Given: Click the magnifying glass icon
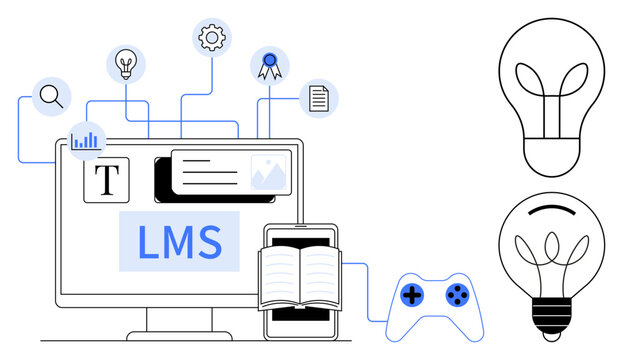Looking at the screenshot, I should click(x=51, y=97).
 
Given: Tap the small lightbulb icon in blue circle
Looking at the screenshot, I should click(x=126, y=64).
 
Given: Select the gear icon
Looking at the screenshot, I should click(x=211, y=38).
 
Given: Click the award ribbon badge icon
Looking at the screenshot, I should click(x=269, y=66).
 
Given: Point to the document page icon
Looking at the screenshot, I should click(x=319, y=98).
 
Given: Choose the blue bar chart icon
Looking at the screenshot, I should click(x=86, y=139).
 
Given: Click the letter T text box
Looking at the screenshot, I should click(x=106, y=180).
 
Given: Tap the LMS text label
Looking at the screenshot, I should click(x=180, y=242).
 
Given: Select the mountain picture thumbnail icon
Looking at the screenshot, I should click(x=269, y=172).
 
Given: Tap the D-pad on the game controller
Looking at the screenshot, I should click(x=411, y=295).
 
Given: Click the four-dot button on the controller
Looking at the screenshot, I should click(x=456, y=294).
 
